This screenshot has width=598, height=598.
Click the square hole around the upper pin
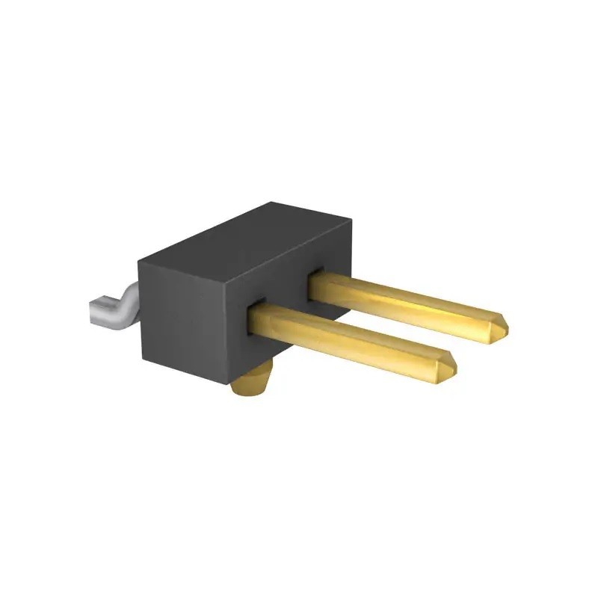(x=315, y=277)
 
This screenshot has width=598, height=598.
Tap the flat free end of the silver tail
(x=93, y=312)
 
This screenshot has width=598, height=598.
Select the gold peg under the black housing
(x=250, y=385)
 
